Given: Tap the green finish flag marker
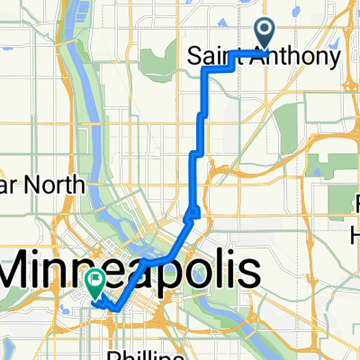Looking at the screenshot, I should click(x=95, y=283).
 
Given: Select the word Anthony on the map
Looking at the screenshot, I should click(x=293, y=58).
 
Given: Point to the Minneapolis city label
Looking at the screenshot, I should click(x=131, y=269).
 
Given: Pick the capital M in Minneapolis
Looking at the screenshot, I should click(x=26, y=269).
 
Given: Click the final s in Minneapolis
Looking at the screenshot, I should click(x=248, y=269).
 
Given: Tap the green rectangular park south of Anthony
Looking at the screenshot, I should click(x=287, y=126).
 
